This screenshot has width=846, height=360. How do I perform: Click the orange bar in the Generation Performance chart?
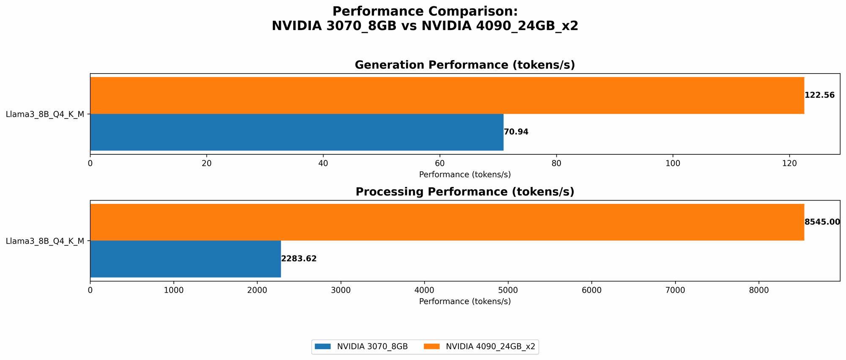[x=447, y=96]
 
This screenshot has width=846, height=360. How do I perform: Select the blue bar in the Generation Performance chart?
[x=297, y=132]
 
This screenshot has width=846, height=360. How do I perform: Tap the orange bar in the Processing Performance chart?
[x=447, y=223]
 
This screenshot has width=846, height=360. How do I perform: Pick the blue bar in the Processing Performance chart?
[x=185, y=259]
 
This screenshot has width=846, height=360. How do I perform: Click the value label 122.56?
[x=819, y=96]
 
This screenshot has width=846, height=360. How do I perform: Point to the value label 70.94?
[x=516, y=132]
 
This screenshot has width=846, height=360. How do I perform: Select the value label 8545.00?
[x=822, y=222]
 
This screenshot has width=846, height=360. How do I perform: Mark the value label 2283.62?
[x=299, y=259]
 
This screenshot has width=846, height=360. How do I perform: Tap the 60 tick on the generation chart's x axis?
[x=439, y=164]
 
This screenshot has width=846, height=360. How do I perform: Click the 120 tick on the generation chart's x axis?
[x=789, y=164]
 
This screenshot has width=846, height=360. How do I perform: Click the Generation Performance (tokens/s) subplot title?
[x=464, y=65]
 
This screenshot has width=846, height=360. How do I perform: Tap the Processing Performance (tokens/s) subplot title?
[x=464, y=192]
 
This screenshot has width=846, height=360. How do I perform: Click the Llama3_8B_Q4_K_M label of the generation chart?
[x=45, y=114]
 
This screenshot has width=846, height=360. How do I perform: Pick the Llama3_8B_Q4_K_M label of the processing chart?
[x=45, y=241]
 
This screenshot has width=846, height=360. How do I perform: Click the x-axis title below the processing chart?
[x=464, y=302]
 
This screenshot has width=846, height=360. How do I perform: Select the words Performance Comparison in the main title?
[x=425, y=11]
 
